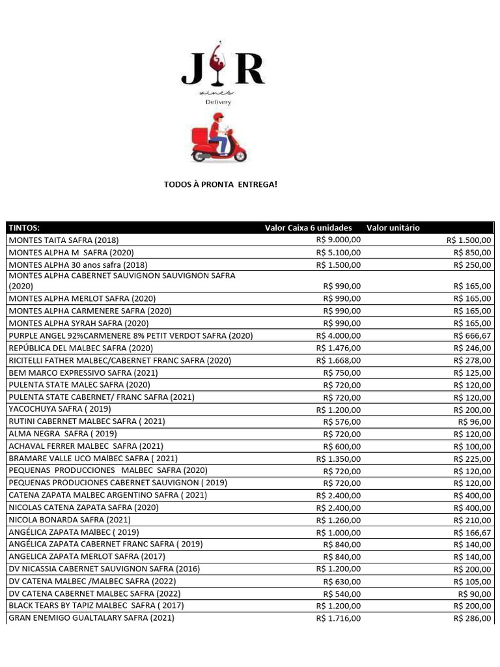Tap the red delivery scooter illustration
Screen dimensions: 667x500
click(219, 138)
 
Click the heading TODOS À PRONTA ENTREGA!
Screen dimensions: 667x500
click(219, 185)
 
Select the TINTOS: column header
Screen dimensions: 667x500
click(24, 228)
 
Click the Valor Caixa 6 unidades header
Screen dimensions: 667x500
click(308, 228)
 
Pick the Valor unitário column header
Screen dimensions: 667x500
click(393, 228)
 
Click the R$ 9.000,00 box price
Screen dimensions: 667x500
click(338, 240)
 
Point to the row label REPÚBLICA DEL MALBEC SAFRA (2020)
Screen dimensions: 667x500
click(80, 348)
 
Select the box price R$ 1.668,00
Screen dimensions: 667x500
click(338, 361)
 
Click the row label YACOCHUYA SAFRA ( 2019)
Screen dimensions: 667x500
click(59, 409)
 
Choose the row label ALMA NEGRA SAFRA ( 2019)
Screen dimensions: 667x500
click(62, 434)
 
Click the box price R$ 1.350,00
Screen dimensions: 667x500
click(338, 459)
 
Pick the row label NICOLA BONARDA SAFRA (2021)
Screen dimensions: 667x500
click(69, 520)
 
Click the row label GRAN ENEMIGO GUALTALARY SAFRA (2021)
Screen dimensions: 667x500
click(91, 618)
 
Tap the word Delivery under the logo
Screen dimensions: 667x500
click(218, 102)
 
